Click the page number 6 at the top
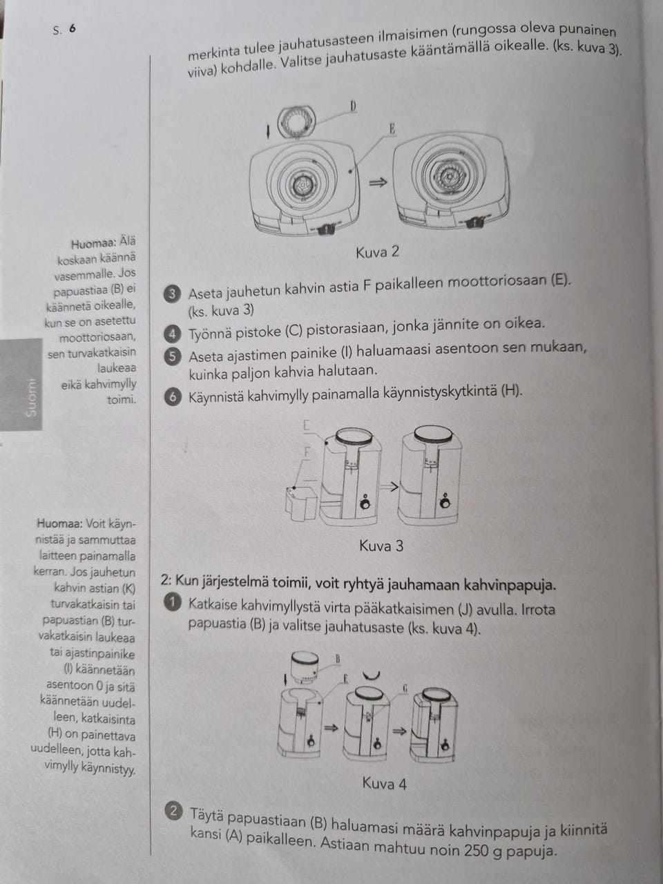(x=72, y=29)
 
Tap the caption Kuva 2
(x=377, y=252)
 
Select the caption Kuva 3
(x=381, y=546)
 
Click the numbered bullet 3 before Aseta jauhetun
(x=173, y=294)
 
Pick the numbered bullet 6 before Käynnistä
(x=173, y=396)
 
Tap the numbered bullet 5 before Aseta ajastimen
(x=173, y=356)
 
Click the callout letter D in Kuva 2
(x=353, y=106)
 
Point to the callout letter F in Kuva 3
(x=307, y=450)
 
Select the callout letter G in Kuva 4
(x=404, y=688)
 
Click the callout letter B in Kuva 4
(x=338, y=659)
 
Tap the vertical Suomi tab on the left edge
(x=31, y=397)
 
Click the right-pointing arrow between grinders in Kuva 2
(x=378, y=182)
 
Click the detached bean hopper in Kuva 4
(x=304, y=665)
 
